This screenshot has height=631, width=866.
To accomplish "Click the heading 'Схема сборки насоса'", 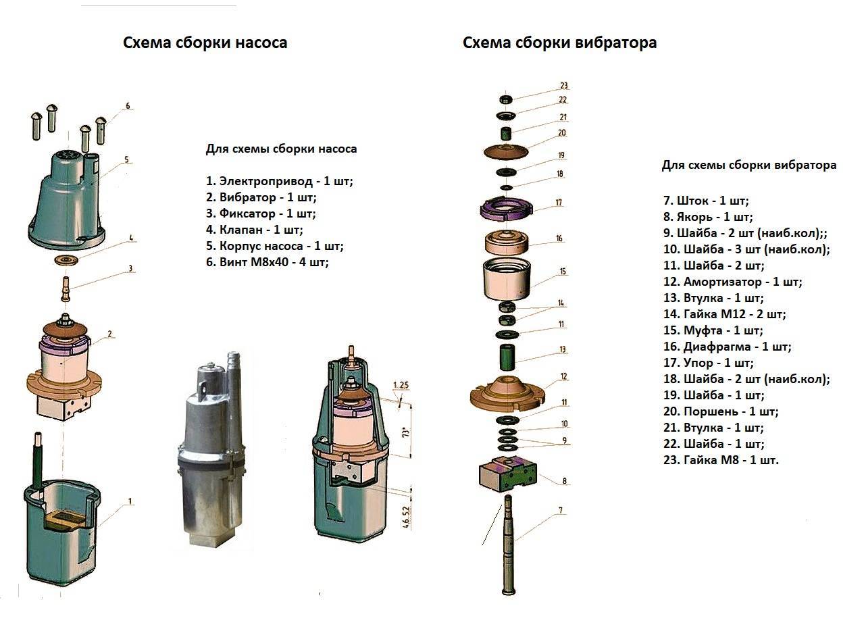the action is tap(205, 43).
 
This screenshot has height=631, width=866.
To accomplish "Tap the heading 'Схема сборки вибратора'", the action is tap(559, 43).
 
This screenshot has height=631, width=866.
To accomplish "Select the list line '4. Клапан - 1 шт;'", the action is tap(255, 230).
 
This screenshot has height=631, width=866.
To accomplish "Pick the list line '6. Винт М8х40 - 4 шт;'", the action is tap(267, 262).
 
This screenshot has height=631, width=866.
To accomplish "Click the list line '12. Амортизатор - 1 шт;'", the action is tap(733, 282).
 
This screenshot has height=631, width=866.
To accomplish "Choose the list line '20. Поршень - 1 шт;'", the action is tap(721, 411).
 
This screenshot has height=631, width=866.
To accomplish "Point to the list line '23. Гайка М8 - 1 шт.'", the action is tap(721, 459).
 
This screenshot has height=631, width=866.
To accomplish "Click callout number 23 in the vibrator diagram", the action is tap(563, 85).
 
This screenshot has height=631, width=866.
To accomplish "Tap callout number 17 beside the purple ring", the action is tap(559, 202).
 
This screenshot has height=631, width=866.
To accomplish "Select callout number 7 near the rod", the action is tap(561, 510).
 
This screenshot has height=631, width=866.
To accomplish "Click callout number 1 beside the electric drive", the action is tap(130, 501).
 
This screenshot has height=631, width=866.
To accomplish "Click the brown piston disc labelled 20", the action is tap(507, 151).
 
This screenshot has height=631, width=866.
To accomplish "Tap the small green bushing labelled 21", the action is tap(507, 133).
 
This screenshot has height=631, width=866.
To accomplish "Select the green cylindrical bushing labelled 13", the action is tap(507, 357).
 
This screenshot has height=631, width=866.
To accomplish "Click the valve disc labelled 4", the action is tap(67, 260).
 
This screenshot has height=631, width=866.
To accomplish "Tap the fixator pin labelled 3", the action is tap(66, 289).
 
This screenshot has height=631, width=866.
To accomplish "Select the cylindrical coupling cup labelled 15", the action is tap(507, 279).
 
